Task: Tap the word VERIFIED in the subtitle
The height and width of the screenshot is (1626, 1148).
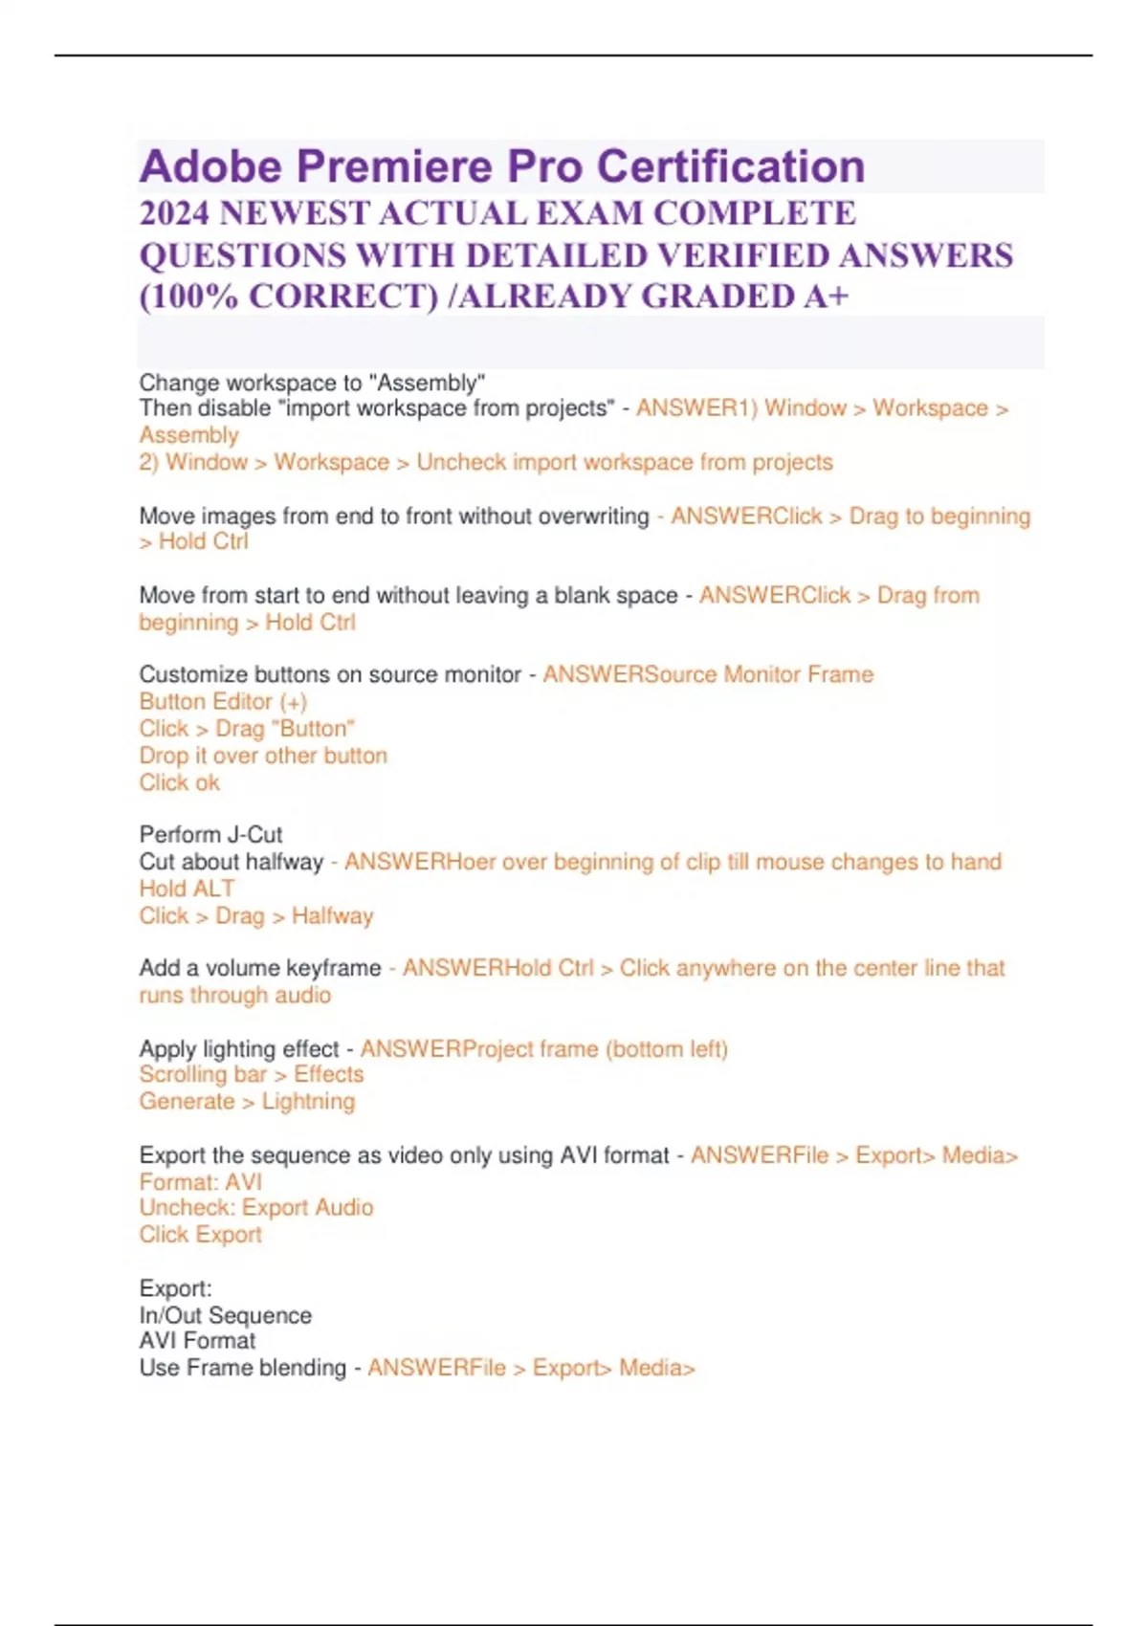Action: (x=740, y=255)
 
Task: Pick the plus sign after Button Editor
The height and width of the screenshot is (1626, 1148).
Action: (x=293, y=702)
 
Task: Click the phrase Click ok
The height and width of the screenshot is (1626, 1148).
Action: (x=180, y=782)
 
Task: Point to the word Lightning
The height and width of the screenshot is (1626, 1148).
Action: (x=308, y=1102)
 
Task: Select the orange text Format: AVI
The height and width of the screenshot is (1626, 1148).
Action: (x=201, y=1182)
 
